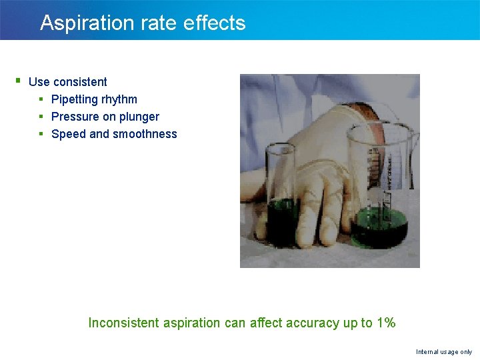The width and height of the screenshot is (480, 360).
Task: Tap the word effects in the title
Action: (x=214, y=23)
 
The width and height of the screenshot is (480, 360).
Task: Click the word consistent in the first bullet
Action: (x=80, y=82)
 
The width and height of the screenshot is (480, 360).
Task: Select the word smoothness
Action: (x=145, y=134)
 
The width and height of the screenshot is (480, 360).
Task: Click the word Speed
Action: (x=68, y=134)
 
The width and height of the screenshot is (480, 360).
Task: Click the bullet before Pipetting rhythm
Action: (x=41, y=99)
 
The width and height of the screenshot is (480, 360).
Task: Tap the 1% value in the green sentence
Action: (x=386, y=323)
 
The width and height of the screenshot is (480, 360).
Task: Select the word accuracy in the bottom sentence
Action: (x=313, y=323)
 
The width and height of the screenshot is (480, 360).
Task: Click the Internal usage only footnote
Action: (x=444, y=351)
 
